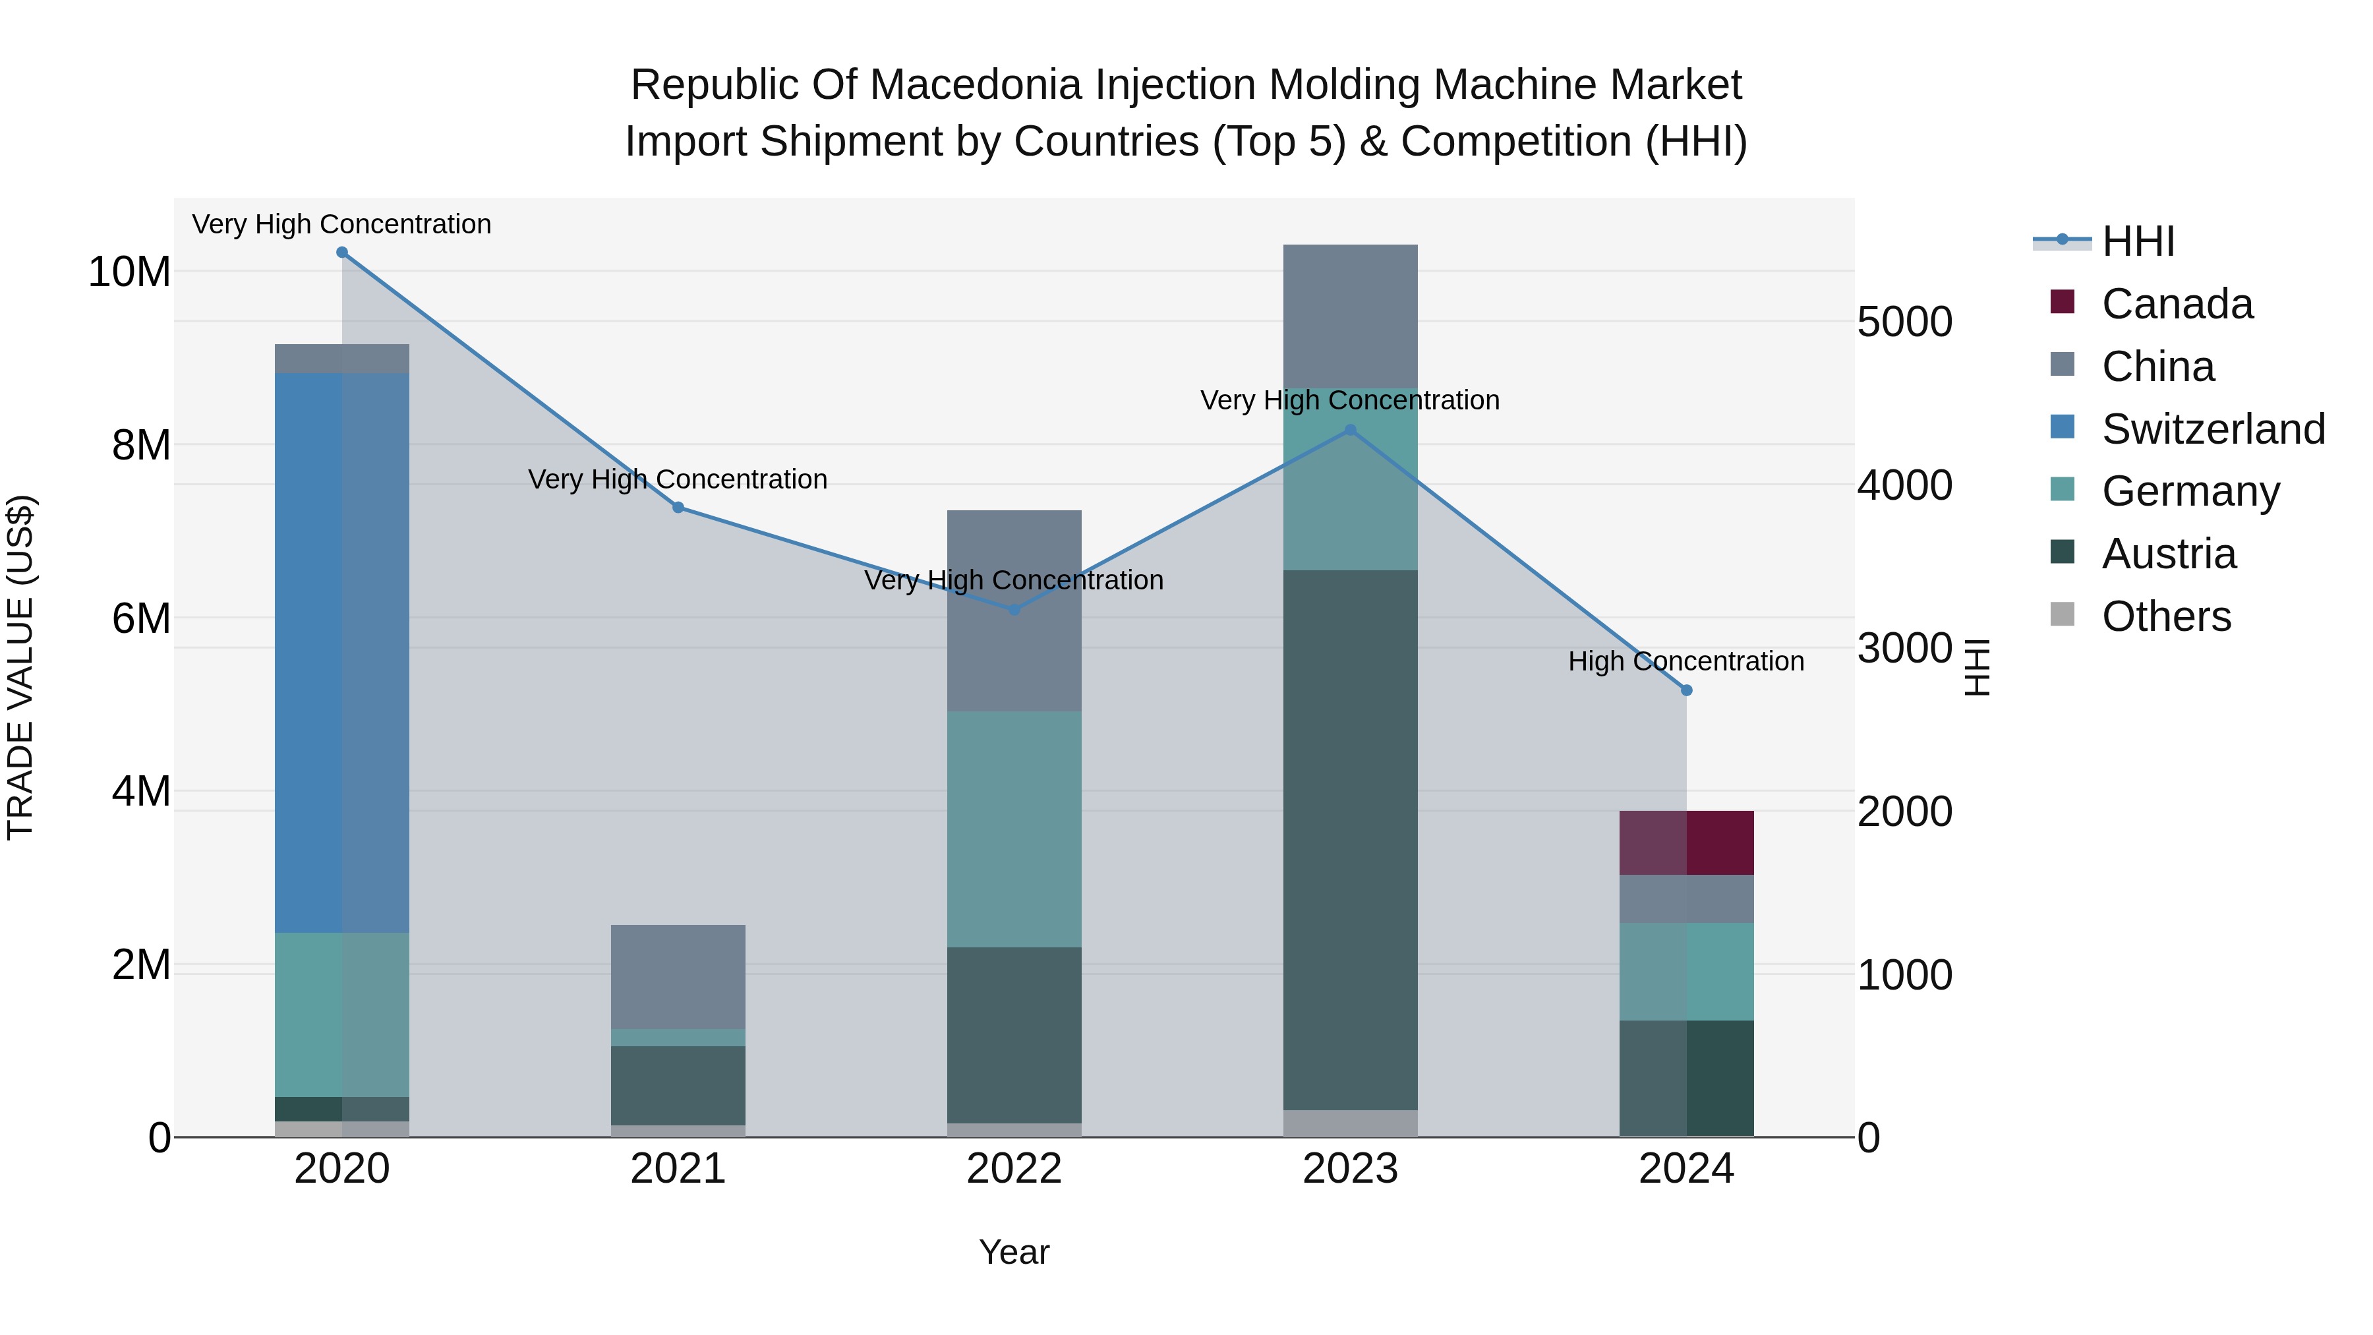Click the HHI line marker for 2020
click(341, 252)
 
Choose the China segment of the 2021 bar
click(678, 976)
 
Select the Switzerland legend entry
click(2213, 429)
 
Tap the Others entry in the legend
click(2166, 616)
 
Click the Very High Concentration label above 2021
click(678, 479)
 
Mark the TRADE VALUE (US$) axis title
click(20, 667)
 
